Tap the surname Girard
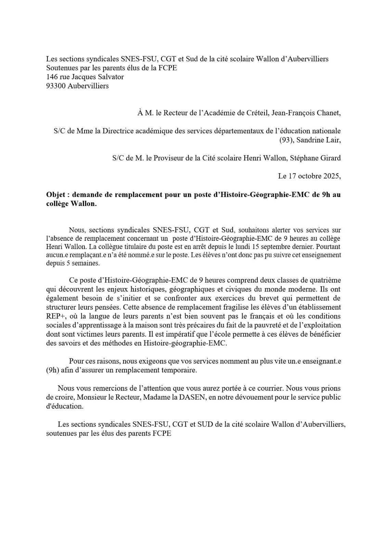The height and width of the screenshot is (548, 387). point(330,158)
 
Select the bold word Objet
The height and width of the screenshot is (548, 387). point(56,195)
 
